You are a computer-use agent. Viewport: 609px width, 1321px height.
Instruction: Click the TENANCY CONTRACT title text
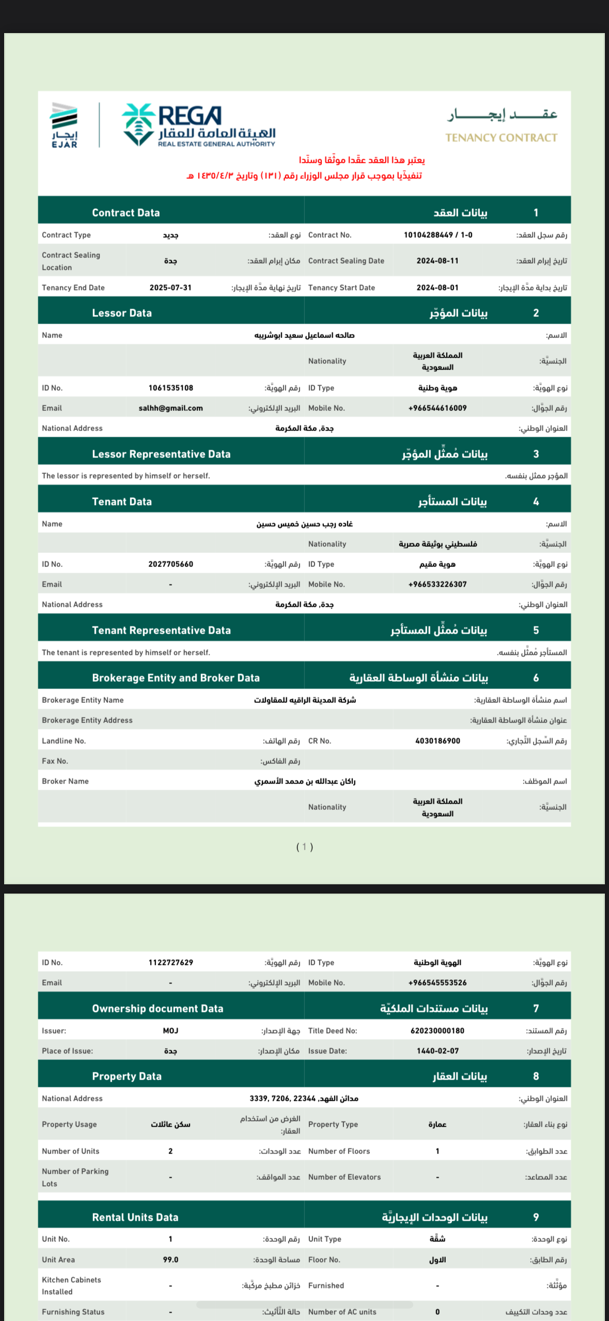click(x=501, y=138)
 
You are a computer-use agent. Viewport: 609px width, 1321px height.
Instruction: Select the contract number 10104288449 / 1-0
click(x=438, y=235)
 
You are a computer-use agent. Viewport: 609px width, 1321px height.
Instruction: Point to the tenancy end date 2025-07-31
click(x=170, y=288)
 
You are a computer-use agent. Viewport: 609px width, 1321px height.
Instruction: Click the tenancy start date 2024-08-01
click(x=438, y=288)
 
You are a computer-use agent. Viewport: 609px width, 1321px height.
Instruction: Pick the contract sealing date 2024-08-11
click(x=438, y=261)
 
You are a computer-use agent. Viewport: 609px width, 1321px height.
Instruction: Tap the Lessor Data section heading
click(x=122, y=313)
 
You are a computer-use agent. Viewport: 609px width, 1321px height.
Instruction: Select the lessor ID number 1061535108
click(x=170, y=388)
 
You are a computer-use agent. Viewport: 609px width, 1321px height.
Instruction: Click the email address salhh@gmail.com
click(x=170, y=408)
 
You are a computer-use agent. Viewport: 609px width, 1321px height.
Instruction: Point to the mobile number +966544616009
click(x=438, y=408)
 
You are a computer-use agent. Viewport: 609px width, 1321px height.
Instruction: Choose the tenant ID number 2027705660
click(x=170, y=564)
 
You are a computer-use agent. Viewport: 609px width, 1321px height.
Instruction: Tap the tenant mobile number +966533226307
click(x=438, y=585)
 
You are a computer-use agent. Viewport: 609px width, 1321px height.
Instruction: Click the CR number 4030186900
click(x=438, y=741)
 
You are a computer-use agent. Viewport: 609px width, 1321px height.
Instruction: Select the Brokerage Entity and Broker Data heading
click(x=176, y=678)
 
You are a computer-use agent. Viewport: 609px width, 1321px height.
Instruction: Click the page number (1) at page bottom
click(x=304, y=847)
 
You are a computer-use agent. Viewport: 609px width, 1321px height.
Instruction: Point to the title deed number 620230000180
click(x=438, y=1031)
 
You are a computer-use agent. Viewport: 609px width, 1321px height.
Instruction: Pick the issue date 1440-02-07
click(x=438, y=1051)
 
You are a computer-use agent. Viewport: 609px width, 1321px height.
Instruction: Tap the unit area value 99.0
click(x=170, y=1259)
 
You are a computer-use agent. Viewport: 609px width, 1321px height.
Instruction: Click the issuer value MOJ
click(x=170, y=1031)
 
